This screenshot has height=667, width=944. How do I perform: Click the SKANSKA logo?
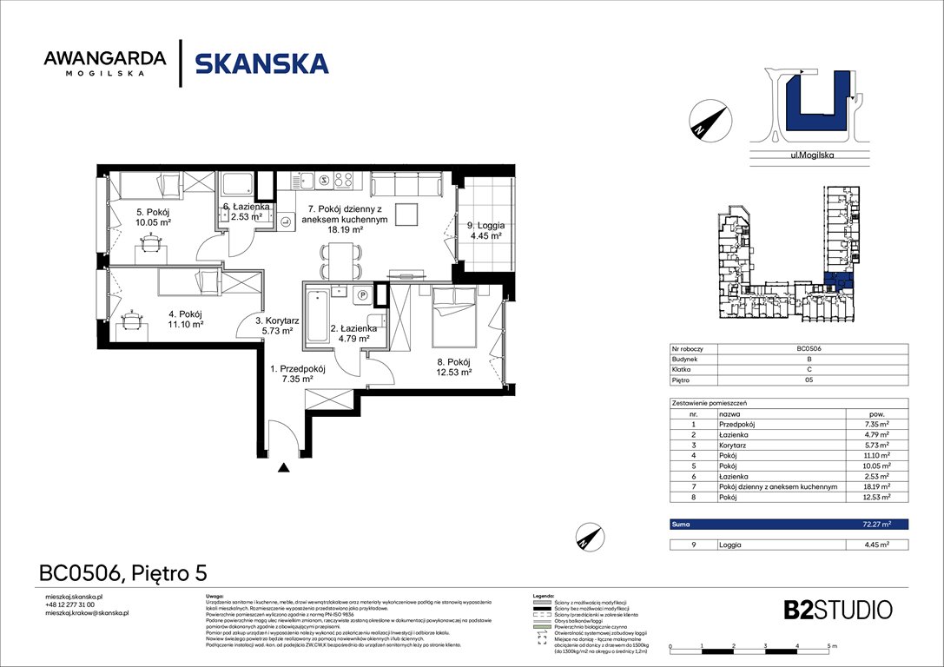tap(261, 63)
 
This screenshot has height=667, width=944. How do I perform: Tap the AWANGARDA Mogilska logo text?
tap(105, 63)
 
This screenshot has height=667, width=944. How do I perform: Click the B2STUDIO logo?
tap(825, 608)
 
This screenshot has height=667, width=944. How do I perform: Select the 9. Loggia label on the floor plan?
tap(485, 229)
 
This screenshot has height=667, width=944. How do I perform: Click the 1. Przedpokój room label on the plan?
tap(289, 373)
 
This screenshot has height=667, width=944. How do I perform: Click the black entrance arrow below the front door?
tap(283, 468)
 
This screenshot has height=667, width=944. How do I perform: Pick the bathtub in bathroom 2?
tap(316, 316)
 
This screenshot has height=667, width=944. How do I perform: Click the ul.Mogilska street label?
tap(809, 158)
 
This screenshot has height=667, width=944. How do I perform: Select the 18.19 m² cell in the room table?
tap(876, 488)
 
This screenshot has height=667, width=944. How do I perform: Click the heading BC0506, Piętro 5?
tap(122, 573)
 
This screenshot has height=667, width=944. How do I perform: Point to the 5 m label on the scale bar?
tap(831, 647)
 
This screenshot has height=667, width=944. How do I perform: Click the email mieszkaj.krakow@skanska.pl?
tap(87, 613)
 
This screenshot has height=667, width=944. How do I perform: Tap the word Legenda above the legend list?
tap(543, 597)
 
